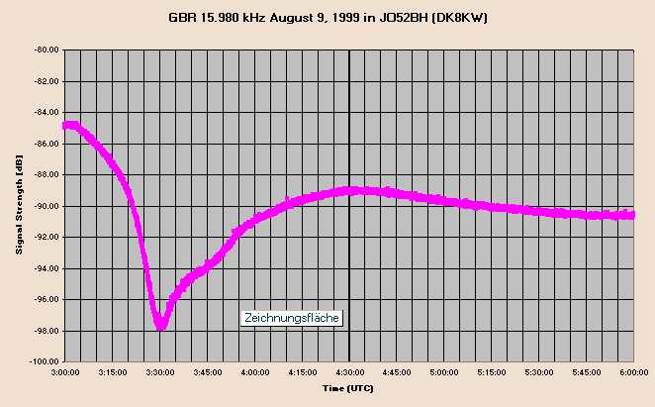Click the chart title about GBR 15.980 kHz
tap(327, 18)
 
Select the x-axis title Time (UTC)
tap(348, 389)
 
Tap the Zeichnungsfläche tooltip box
tap(293, 318)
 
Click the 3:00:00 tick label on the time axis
tap(65, 373)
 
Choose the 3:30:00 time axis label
tap(160, 373)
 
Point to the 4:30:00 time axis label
tap(349, 373)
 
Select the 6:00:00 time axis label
tap(633, 373)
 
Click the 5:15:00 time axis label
tap(492, 373)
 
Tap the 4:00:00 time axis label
tap(255, 373)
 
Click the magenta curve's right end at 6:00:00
tap(631, 214)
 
